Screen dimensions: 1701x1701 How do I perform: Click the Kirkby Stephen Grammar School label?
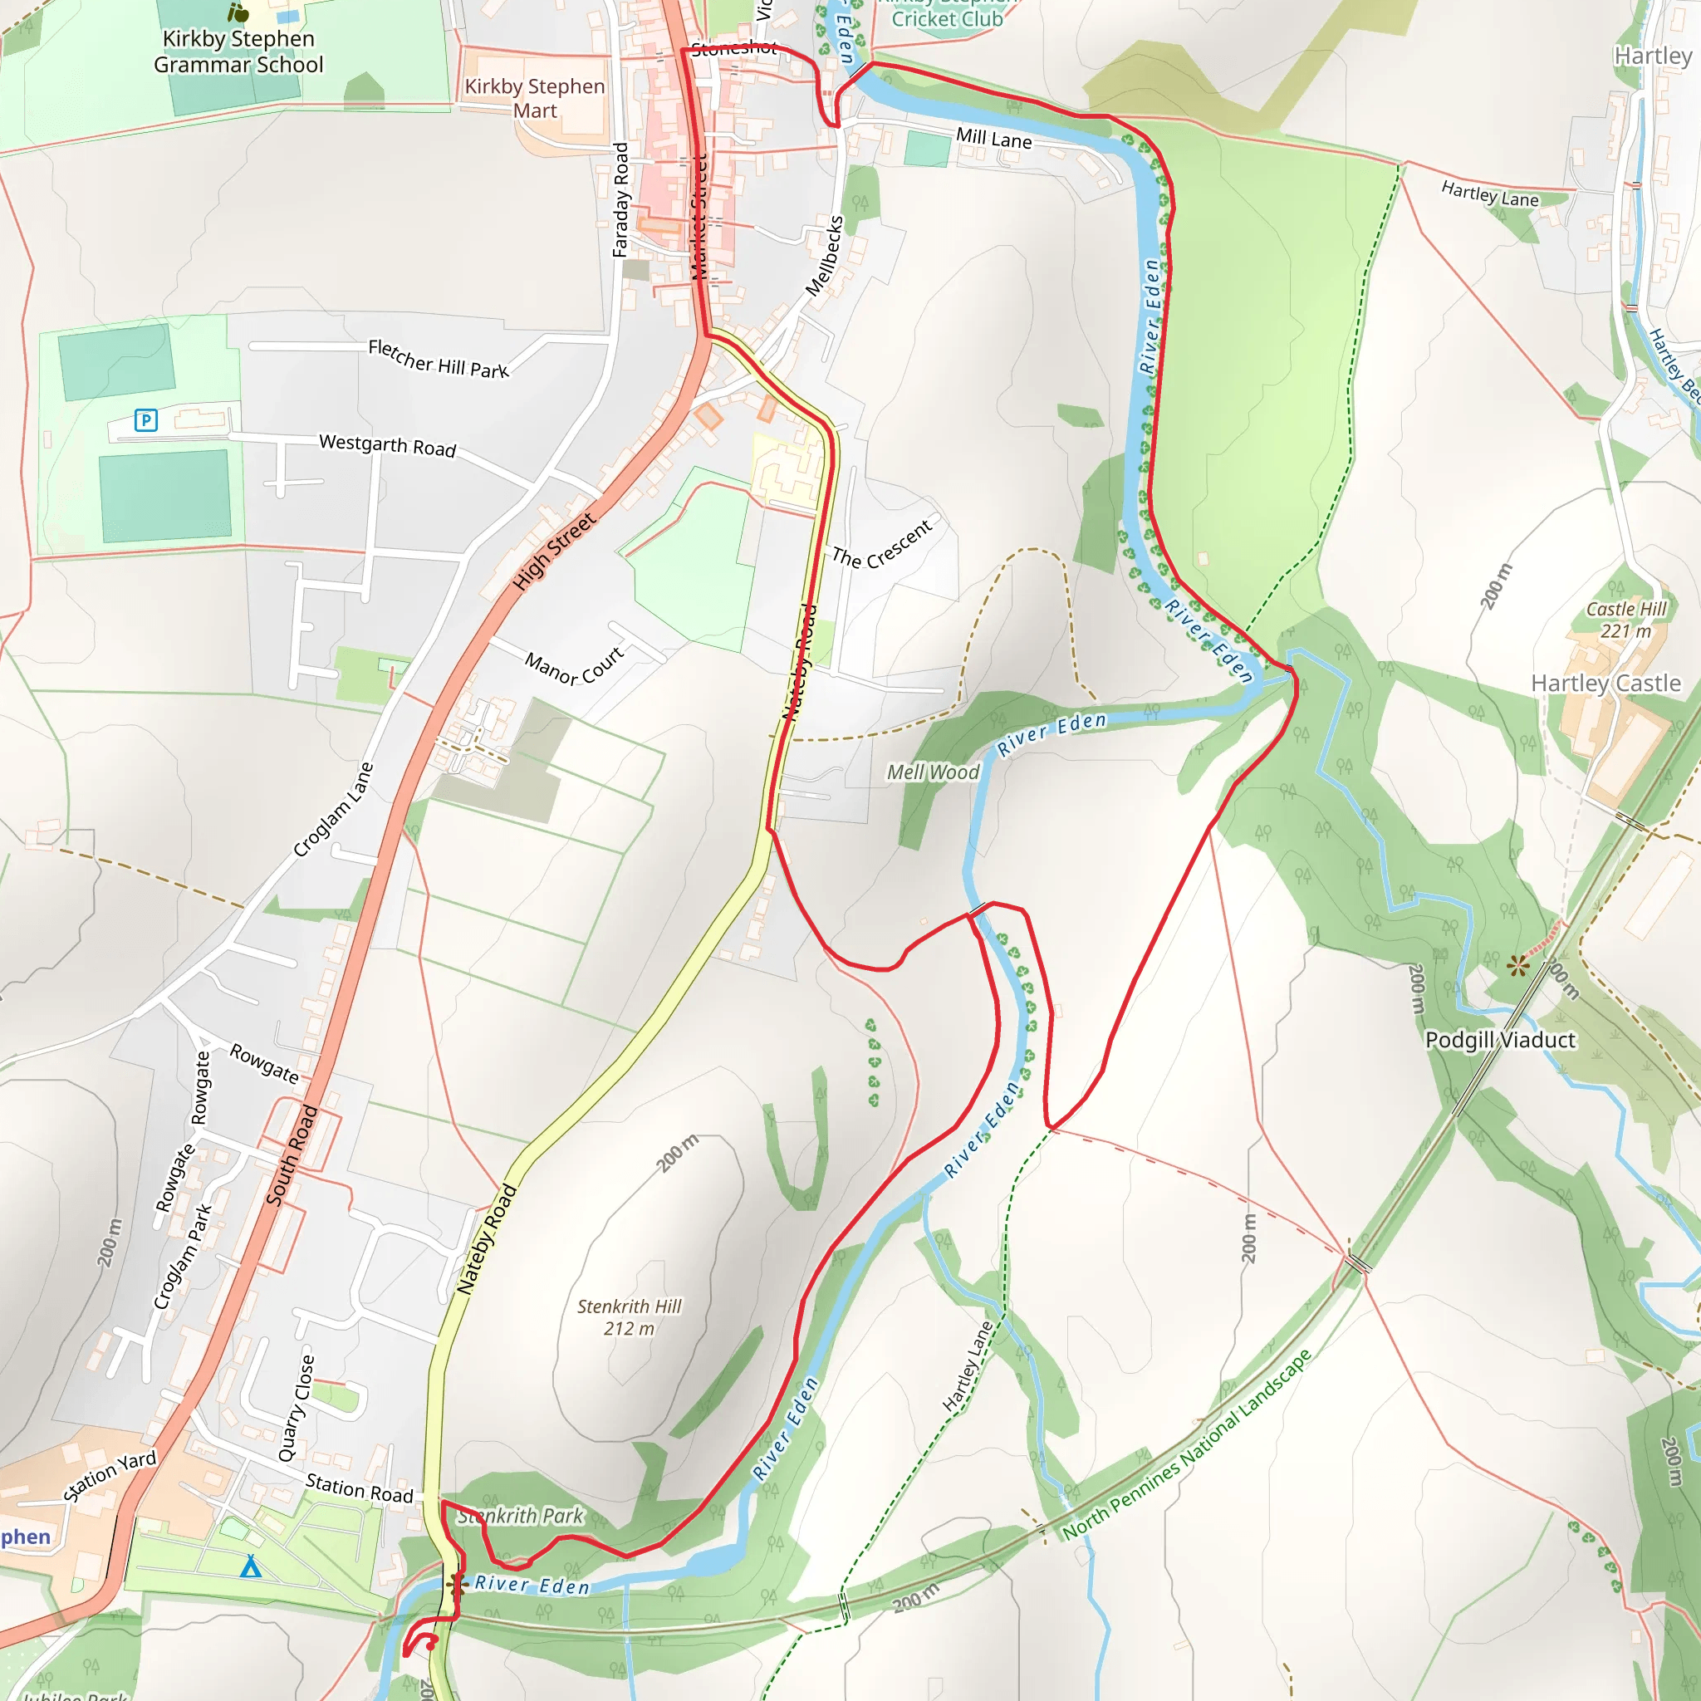tap(238, 52)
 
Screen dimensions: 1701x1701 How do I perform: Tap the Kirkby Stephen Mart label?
tap(534, 99)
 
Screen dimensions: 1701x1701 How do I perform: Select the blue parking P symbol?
tap(146, 420)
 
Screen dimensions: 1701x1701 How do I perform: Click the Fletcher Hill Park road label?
tap(439, 358)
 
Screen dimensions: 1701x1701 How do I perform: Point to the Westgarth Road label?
tap(387, 444)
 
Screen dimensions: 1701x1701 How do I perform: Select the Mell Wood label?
tap(933, 772)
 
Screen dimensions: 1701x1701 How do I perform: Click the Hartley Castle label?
tap(1606, 684)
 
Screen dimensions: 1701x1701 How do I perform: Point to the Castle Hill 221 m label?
tap(1626, 620)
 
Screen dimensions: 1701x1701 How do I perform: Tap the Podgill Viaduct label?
tap(1500, 1040)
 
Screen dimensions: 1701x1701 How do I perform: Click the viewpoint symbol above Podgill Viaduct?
tap(1517, 967)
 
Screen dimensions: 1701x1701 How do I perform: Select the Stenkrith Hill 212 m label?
tap(629, 1317)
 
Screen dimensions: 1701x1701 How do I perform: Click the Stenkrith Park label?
tap(520, 1515)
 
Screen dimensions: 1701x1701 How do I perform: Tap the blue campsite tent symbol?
tap(251, 1566)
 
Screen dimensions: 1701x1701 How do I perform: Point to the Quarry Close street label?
tap(297, 1408)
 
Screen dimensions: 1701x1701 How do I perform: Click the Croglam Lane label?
tap(334, 809)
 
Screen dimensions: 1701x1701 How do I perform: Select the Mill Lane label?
tap(994, 138)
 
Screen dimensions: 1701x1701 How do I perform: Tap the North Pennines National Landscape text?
tap(1187, 1444)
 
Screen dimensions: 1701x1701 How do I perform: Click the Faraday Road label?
tap(620, 200)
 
